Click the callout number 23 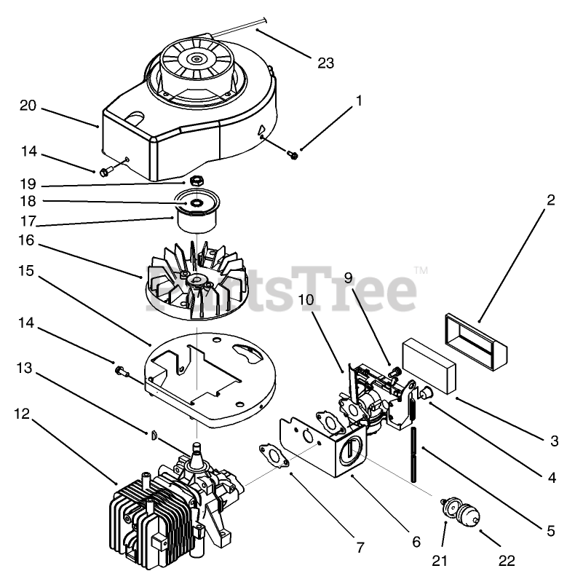[325, 63]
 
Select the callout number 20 [28, 106]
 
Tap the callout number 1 [358, 101]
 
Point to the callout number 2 [551, 200]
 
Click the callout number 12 [23, 414]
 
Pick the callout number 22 [507, 560]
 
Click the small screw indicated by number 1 [293, 154]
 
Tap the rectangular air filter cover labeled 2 [477, 335]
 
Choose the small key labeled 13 [154, 436]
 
